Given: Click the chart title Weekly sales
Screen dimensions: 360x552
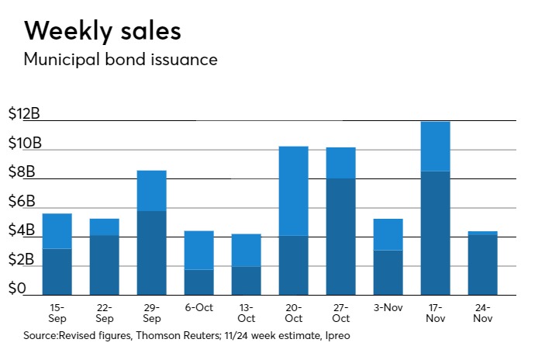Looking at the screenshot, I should click(x=103, y=31).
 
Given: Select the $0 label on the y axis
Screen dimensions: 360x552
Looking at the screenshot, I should click(x=17, y=289).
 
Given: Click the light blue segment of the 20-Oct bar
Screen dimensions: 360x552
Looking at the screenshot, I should click(x=293, y=191).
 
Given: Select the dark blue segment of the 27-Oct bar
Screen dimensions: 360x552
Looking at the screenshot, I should click(x=340, y=237).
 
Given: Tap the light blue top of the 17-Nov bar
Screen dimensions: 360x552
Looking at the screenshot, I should click(x=435, y=146).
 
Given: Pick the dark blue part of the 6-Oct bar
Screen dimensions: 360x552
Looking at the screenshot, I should click(x=198, y=282).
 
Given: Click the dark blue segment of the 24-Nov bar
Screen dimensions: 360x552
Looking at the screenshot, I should click(x=482, y=265).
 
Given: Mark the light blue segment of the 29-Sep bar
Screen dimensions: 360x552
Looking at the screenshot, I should click(x=151, y=190).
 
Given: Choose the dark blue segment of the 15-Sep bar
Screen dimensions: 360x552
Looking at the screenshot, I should click(x=57, y=272).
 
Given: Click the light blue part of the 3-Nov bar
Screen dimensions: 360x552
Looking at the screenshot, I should click(x=388, y=234).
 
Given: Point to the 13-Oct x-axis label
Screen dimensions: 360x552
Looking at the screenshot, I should click(x=246, y=313).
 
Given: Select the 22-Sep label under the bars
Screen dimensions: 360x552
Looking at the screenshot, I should click(x=104, y=313).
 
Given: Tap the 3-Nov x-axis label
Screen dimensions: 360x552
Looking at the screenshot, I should click(x=388, y=308).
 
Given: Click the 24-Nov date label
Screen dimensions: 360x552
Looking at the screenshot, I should click(x=482, y=313).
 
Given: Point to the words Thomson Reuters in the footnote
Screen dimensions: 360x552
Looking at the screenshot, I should click(x=167, y=336).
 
